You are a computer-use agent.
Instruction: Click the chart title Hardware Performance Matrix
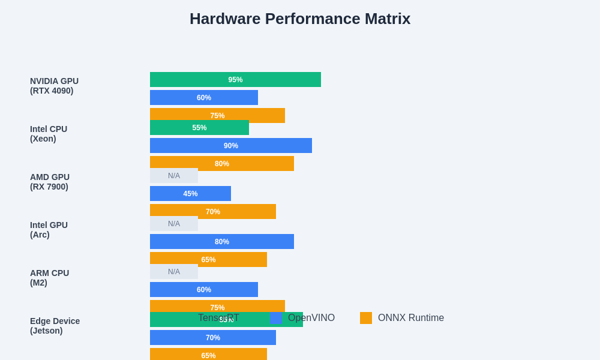point(300,19)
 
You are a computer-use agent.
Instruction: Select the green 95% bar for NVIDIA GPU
point(235,79)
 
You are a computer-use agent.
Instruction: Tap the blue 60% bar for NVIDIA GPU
point(204,97)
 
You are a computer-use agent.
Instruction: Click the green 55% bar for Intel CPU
point(199,127)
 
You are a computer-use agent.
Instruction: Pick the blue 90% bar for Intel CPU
point(231,145)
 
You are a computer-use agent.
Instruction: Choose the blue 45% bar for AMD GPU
point(190,193)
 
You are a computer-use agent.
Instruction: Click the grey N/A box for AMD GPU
point(174,176)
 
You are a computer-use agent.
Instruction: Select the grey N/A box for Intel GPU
point(174,224)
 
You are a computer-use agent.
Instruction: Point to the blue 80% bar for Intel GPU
point(222,241)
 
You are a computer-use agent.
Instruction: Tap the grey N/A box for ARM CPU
point(174,272)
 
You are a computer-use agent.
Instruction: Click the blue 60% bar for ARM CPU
point(204,289)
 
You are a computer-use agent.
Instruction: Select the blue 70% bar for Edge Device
point(213,337)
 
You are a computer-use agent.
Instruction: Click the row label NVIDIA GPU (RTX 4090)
point(54,86)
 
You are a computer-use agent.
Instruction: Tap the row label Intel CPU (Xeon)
point(49,134)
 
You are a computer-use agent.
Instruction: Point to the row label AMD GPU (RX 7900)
point(50,182)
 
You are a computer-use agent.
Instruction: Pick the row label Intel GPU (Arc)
point(49,230)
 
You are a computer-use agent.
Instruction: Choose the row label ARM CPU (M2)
point(49,278)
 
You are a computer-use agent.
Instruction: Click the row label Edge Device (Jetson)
point(55,326)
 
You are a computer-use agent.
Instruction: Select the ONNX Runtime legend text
point(411,318)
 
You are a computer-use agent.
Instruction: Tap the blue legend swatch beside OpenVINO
point(276,318)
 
